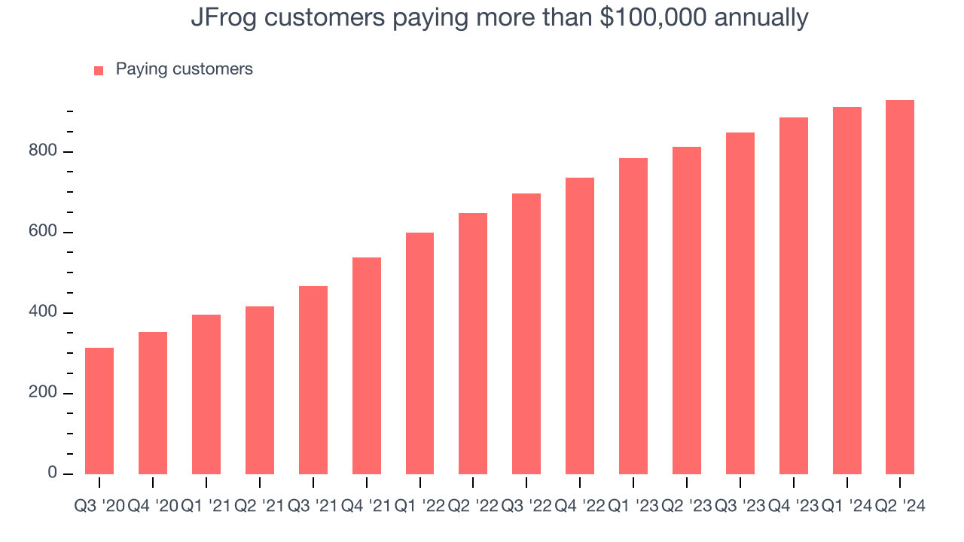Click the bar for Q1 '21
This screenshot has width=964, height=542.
coord(206,394)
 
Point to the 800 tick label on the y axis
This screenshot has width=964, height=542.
coord(43,151)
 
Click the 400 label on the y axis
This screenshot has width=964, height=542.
coord(43,312)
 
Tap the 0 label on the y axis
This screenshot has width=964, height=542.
coord(53,473)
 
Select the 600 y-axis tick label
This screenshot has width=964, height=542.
coord(43,232)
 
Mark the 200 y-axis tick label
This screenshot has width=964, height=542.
coord(43,393)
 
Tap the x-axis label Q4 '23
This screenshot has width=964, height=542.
coord(793,507)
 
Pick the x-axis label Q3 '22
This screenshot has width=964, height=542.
coord(526,507)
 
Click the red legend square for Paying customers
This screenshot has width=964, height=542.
coord(99,71)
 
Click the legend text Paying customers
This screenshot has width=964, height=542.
coord(185,69)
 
